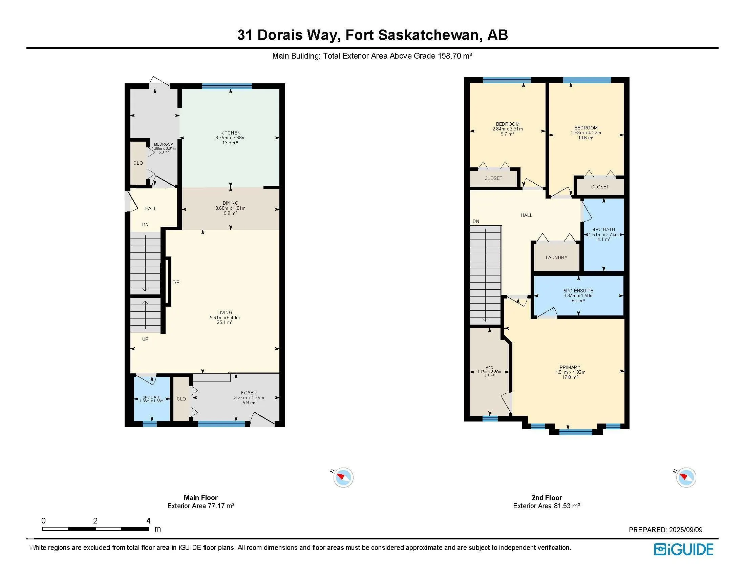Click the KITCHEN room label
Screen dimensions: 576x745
pyautogui.click(x=230, y=133)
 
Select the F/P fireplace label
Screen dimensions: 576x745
pyautogui.click(x=176, y=282)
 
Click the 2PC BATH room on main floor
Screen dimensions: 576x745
pyautogui.click(x=151, y=398)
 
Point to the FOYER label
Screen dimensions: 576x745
pyautogui.click(x=249, y=393)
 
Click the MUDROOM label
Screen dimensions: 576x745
pyautogui.click(x=164, y=145)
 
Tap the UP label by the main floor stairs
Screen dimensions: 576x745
pyautogui.click(x=145, y=339)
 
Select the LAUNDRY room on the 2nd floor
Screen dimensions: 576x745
pyautogui.click(x=556, y=258)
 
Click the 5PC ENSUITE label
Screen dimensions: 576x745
pyautogui.click(x=578, y=291)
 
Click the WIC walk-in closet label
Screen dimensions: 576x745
pyautogui.click(x=489, y=368)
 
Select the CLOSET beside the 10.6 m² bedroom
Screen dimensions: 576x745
pyautogui.click(x=600, y=187)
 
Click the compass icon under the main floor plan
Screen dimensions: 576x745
pyautogui.click(x=343, y=477)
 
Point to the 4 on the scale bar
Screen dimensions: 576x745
pyautogui.click(x=148, y=521)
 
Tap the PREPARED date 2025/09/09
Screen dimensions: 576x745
pyautogui.click(x=686, y=530)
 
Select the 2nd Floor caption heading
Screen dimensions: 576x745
pyautogui.click(x=547, y=497)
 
